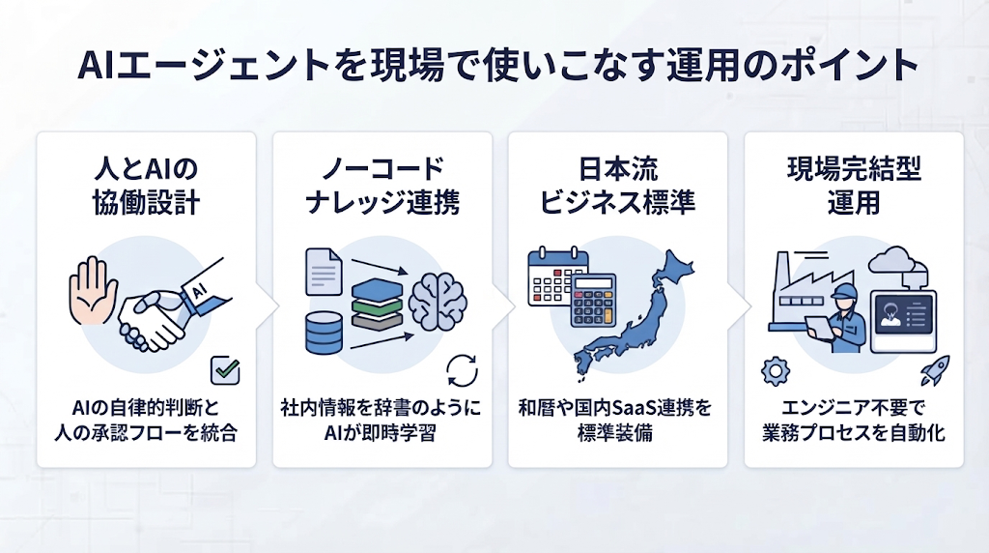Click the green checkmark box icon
225,370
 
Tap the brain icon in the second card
438,301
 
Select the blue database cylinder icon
325,333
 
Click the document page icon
324,272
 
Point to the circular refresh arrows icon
463,370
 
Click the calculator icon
593,301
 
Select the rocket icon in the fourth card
935,370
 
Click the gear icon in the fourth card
776,371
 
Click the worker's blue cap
843,291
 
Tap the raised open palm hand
94,290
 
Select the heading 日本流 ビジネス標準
617,186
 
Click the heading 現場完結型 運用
854,186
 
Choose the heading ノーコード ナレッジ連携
382,186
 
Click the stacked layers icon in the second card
378,305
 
